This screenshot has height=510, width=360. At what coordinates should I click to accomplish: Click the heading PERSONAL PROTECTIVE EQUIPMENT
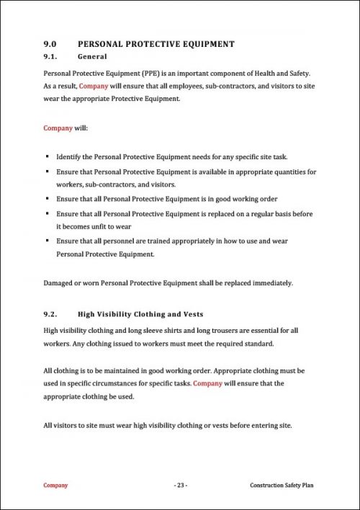click(x=156, y=44)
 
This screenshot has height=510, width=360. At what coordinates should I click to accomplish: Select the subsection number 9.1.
click(x=51, y=56)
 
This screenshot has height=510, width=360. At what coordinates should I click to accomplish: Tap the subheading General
click(x=92, y=56)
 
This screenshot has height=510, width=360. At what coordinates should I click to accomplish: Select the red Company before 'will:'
click(x=58, y=128)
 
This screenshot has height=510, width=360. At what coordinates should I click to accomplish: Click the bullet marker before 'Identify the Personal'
click(x=47, y=156)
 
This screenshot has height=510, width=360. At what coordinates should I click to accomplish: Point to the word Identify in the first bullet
click(x=71, y=156)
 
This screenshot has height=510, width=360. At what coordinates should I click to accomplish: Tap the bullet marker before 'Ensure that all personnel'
click(x=47, y=241)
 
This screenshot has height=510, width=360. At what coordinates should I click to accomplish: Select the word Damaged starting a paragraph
click(x=60, y=283)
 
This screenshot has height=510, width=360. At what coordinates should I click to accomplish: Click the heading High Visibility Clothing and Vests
click(x=140, y=314)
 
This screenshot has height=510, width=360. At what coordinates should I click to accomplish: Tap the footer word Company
click(x=55, y=486)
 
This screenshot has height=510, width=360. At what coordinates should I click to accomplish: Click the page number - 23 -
click(x=181, y=486)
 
